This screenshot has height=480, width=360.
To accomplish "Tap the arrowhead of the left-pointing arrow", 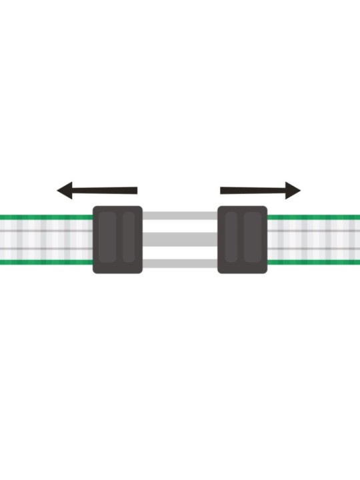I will pos(65,191).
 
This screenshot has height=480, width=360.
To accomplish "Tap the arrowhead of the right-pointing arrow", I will pos(293,191).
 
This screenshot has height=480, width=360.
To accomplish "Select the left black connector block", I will pos(117,239).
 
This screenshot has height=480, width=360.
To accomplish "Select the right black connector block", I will pos(243,239).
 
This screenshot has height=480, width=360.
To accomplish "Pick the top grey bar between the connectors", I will pos(180,216).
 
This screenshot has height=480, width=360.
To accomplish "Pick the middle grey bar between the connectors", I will pos(180,239).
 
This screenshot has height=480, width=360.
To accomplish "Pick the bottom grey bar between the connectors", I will pos(180,263).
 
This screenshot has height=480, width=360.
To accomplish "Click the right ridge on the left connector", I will pos(129,238).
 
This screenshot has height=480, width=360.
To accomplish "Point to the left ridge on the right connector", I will pos(232,238).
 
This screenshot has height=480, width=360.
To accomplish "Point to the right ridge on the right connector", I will pos(253,238).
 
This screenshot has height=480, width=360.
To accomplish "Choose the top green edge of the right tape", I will pos(313,217).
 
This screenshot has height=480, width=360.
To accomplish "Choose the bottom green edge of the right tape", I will pos(313,263).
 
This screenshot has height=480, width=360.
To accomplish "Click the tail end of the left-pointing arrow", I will pos(135,191).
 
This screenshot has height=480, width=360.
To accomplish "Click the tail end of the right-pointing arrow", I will pos(223,191).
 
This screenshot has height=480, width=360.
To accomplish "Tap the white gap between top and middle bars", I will pos(180,227).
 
